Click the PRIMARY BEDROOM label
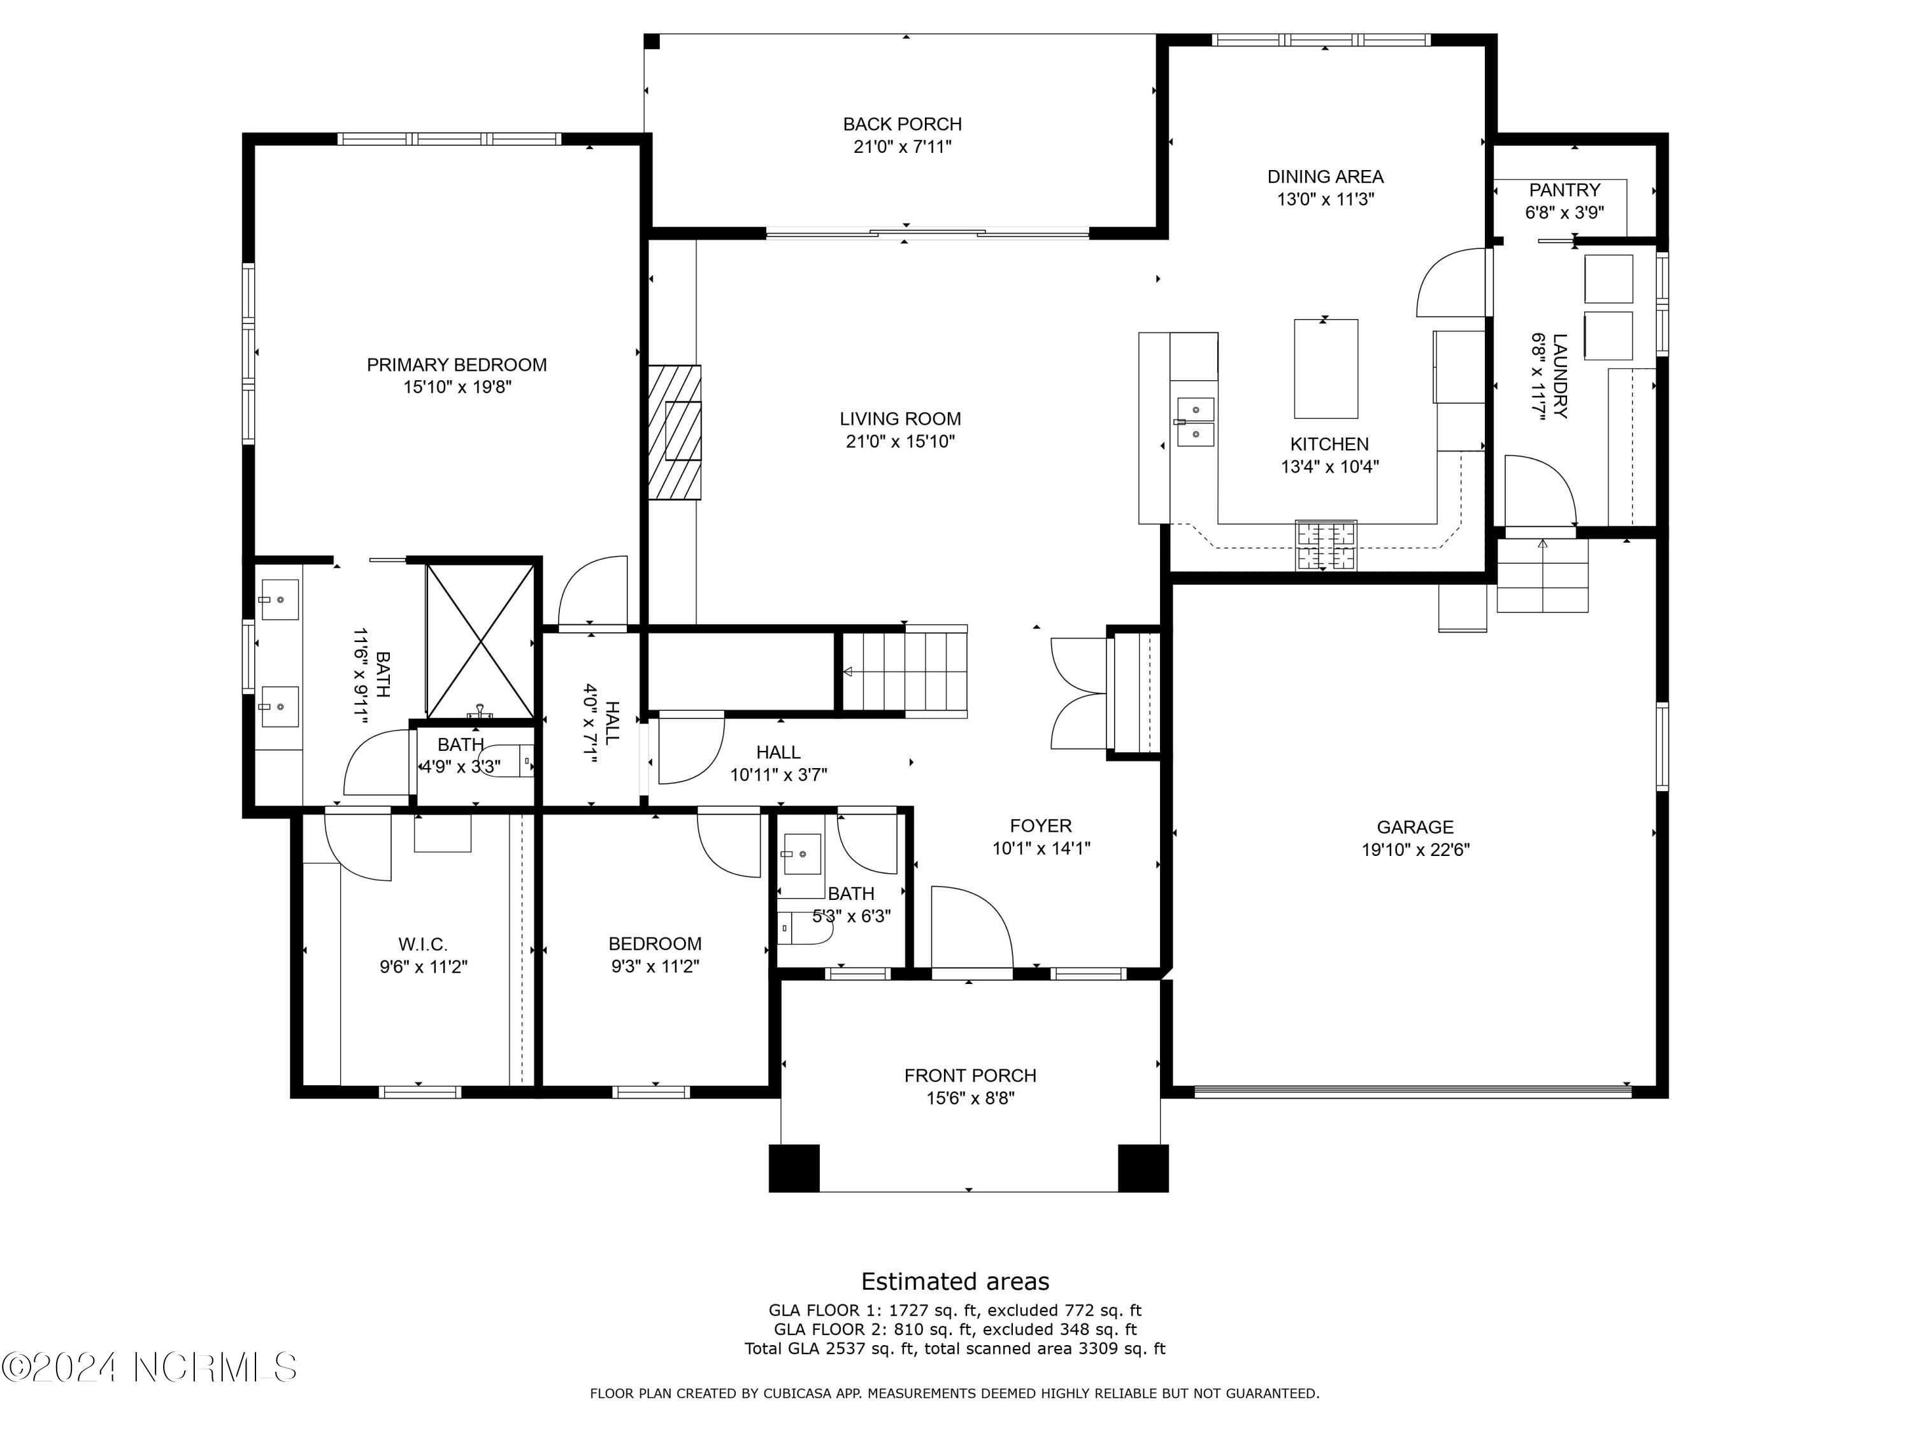click(x=456, y=364)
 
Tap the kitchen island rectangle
click(x=1325, y=369)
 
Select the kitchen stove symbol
click(x=1325, y=546)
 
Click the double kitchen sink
click(x=1196, y=422)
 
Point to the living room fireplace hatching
click(x=675, y=432)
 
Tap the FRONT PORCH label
click(x=970, y=1076)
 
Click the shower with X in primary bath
click(x=480, y=640)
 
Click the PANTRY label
click(x=1564, y=190)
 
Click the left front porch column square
click(x=794, y=1168)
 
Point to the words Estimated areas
click(x=955, y=1281)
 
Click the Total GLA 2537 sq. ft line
click(x=955, y=1348)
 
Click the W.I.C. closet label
click(x=422, y=944)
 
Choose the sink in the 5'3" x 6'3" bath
click(x=803, y=855)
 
